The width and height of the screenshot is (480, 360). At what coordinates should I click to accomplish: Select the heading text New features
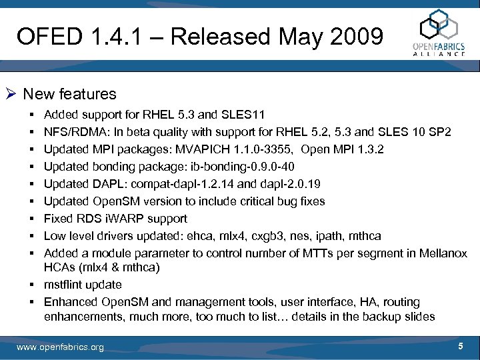coord(69,94)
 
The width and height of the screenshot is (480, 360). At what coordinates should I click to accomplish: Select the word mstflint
coord(63,285)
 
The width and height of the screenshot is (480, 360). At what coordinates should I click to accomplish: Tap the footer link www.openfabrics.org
coord(60,347)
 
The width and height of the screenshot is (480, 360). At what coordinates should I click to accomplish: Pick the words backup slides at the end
coord(401,317)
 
